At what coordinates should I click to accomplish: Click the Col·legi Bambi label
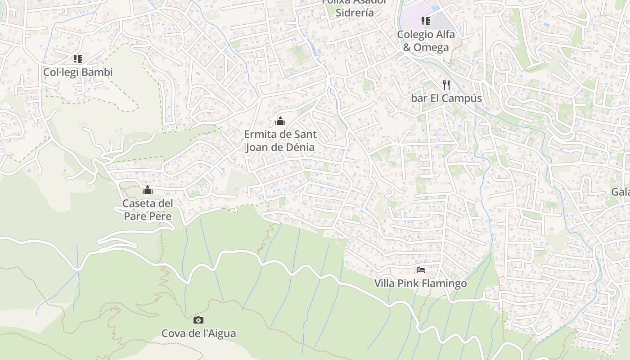78,72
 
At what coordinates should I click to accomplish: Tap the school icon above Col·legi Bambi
78,59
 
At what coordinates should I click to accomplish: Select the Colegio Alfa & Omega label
425,41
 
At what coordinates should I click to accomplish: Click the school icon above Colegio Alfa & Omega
425,21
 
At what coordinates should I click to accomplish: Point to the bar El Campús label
446,98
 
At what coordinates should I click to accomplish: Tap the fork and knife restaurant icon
446,85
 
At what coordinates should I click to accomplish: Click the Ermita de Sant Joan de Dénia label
280,141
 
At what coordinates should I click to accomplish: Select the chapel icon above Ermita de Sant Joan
280,121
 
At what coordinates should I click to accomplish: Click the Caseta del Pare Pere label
148,210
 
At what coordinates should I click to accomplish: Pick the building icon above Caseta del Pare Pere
148,190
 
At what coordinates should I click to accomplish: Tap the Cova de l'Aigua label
198,333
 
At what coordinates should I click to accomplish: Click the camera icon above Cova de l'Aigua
198,320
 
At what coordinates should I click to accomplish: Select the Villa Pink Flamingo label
421,283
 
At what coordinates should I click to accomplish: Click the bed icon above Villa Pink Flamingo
421,270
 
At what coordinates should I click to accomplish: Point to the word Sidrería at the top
355,13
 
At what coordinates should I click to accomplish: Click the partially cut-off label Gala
620,192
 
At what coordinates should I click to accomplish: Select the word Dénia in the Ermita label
299,147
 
